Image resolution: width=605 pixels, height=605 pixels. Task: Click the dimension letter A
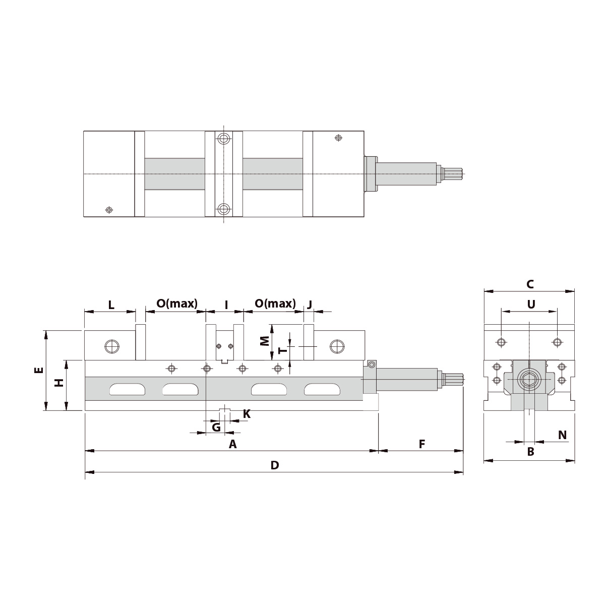click(x=232, y=444)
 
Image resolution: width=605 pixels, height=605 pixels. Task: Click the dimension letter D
click(x=274, y=465)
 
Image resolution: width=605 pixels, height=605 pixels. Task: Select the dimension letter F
click(x=422, y=444)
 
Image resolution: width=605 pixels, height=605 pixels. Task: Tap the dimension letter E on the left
click(x=39, y=371)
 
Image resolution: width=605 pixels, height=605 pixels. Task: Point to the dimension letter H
click(x=59, y=383)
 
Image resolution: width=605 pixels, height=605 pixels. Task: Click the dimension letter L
click(x=111, y=305)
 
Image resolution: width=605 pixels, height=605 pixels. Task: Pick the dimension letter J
click(x=310, y=304)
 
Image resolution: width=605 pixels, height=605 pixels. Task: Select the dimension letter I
click(x=226, y=305)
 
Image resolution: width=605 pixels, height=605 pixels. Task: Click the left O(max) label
click(x=177, y=304)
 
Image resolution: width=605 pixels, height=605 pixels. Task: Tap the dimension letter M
click(x=264, y=341)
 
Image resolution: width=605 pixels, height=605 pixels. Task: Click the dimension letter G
click(x=216, y=428)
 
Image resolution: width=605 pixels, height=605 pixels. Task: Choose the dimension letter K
click(x=247, y=414)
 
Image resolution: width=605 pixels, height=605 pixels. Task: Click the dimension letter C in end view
click(x=529, y=284)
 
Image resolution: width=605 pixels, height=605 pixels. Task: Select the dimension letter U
click(x=530, y=304)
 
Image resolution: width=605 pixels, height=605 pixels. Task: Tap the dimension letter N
click(x=563, y=435)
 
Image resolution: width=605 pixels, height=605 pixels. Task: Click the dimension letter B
click(x=530, y=452)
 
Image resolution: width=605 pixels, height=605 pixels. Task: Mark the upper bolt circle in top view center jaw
click(x=224, y=138)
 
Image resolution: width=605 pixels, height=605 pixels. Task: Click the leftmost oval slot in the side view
click(x=127, y=389)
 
